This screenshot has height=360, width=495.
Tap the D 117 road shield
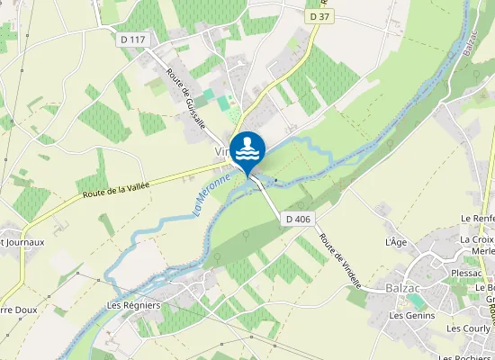131,39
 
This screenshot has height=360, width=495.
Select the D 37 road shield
319,16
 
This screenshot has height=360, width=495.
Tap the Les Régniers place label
133,305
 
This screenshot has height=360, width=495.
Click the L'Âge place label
397,243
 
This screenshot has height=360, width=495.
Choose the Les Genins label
411,316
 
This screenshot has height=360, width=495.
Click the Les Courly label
468,329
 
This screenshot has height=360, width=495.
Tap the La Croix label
477,239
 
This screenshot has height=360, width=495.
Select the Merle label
483,252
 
